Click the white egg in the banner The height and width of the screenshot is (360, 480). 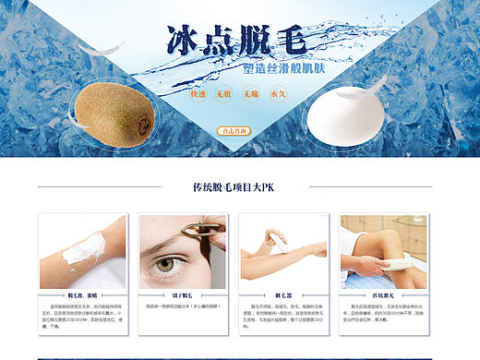[362, 112]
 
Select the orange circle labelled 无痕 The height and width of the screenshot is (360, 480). [223, 94]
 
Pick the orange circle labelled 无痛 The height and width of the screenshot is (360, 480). [251, 94]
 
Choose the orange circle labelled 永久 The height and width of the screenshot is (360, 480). [277, 94]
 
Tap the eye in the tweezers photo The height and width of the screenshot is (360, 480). [165, 264]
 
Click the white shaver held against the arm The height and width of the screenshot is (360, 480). [273, 241]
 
